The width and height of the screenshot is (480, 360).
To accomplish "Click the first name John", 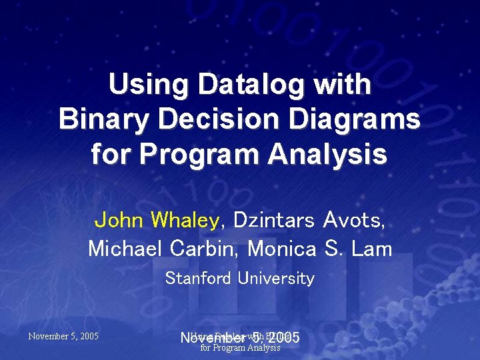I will [121, 219].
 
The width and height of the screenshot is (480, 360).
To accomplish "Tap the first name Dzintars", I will [273, 219].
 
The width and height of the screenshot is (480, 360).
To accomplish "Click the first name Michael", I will [125, 249].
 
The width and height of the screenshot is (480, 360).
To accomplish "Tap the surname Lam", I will [373, 249].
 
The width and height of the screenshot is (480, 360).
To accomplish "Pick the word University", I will [276, 278].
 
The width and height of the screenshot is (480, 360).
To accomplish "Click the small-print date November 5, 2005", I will [63, 336].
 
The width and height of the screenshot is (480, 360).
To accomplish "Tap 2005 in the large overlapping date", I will [283, 339].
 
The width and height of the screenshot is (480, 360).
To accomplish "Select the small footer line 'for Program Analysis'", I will [240, 348].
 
